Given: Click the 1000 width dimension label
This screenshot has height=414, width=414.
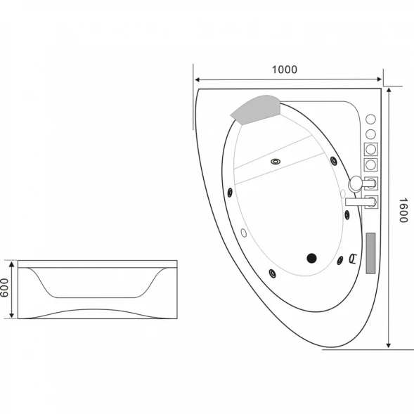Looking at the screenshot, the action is click(x=285, y=70).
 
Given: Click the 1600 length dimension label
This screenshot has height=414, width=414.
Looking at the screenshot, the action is click(x=403, y=210).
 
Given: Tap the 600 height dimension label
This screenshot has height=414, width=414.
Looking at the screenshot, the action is click(x=4, y=287).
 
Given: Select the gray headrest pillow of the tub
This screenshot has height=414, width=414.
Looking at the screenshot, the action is click(x=255, y=110).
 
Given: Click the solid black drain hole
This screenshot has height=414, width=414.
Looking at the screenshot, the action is click(x=311, y=258).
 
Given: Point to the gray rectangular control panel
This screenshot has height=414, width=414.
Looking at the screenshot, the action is click(x=370, y=253).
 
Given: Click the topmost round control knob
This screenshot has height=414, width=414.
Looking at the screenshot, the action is click(x=370, y=119).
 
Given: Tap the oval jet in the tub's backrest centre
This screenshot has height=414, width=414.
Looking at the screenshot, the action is click(x=276, y=162).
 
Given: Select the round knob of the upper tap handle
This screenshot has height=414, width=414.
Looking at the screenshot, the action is click(x=356, y=183).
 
